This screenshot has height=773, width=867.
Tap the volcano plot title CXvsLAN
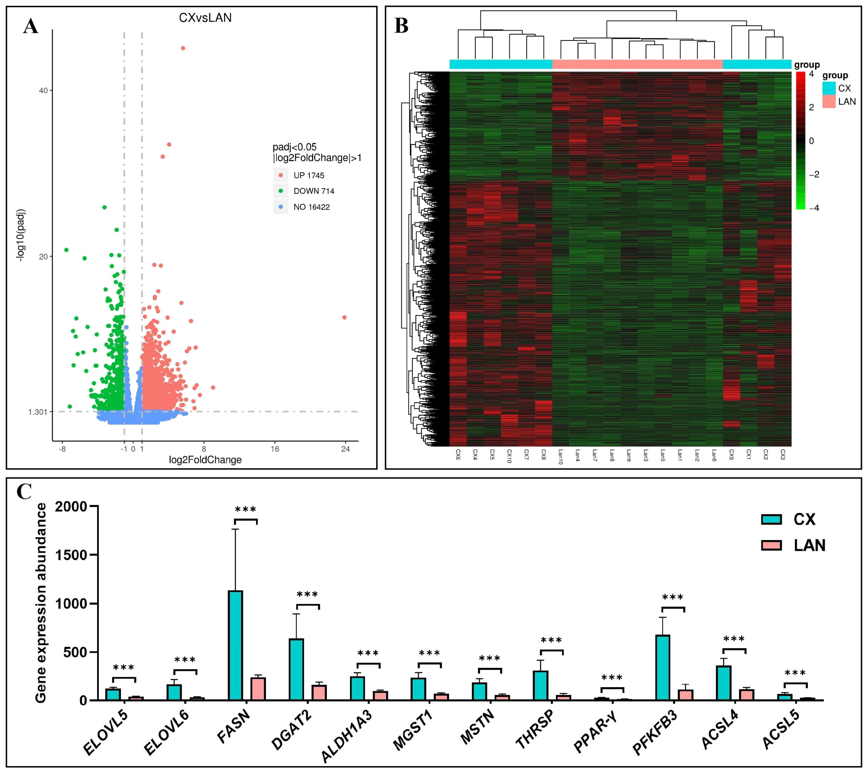[205, 18]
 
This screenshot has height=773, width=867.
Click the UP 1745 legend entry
[308, 176]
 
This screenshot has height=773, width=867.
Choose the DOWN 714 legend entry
[314, 191]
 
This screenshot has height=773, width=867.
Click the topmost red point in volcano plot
[183, 48]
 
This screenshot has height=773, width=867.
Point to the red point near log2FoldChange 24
[344, 317]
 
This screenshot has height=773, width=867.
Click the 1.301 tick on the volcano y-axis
[38, 412]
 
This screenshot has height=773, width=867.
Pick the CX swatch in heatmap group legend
[829, 88]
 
